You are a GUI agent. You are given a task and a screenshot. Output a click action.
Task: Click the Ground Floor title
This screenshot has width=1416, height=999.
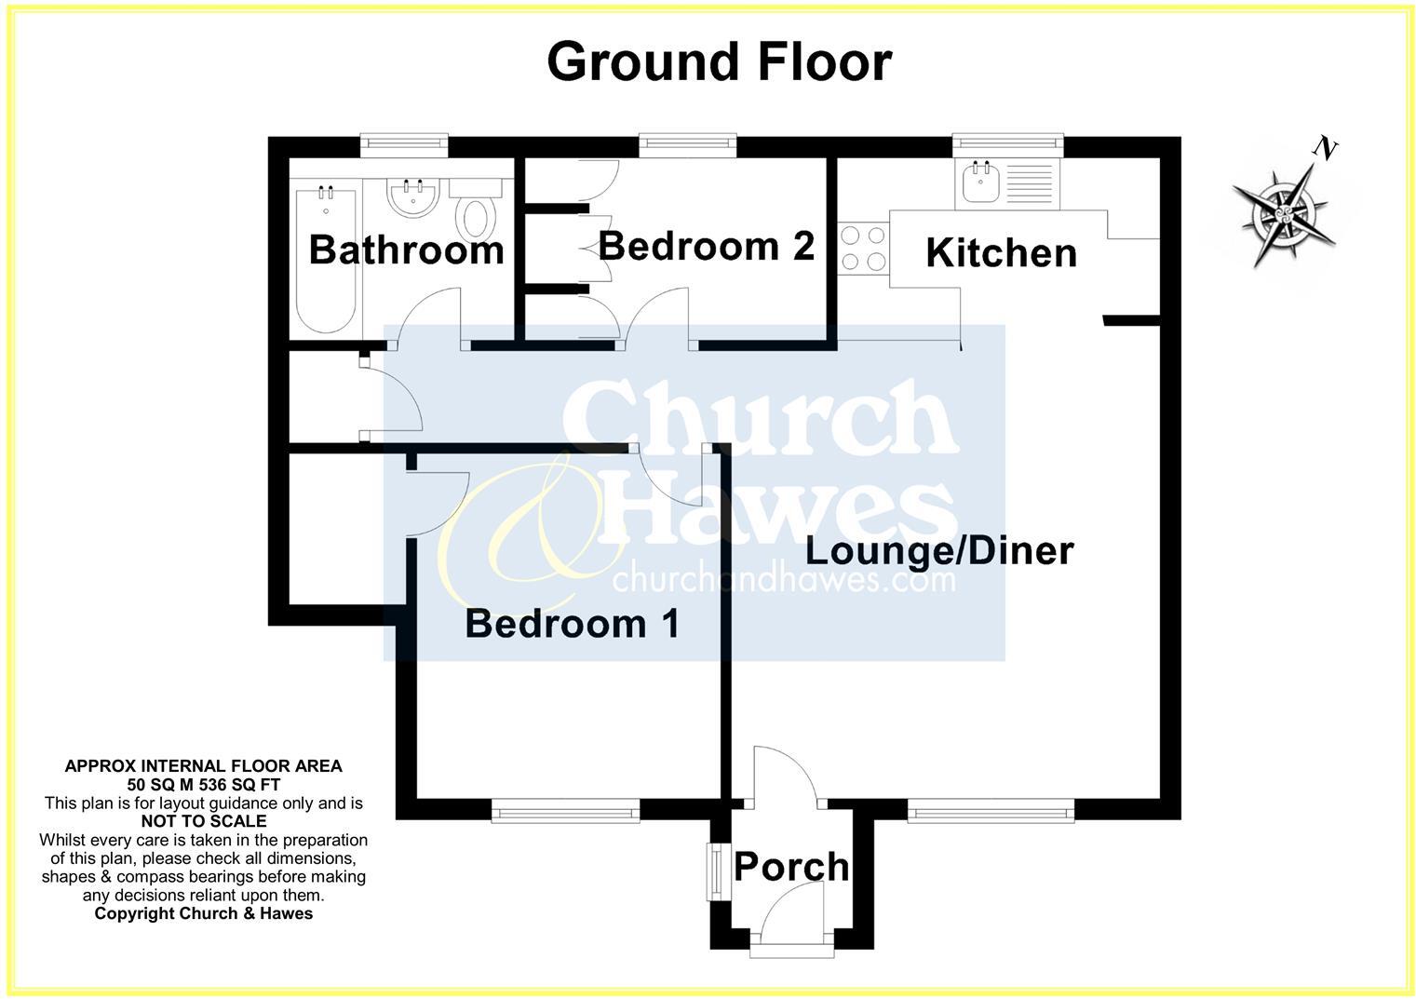click(x=719, y=61)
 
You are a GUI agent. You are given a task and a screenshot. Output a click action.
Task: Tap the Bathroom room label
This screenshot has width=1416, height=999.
click(x=406, y=250)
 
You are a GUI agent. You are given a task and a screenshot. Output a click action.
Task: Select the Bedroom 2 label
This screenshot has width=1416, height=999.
click(x=706, y=246)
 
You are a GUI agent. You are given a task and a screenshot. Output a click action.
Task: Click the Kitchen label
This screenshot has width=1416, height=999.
click(x=1001, y=253)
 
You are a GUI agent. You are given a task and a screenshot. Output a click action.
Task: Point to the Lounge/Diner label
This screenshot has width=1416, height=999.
click(x=938, y=550)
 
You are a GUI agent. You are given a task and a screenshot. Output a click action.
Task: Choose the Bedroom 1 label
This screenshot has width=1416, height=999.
click(x=572, y=623)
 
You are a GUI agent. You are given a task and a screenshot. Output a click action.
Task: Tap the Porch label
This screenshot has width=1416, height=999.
click(x=791, y=867)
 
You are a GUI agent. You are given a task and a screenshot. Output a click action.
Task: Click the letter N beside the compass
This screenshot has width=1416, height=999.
click(x=1325, y=147)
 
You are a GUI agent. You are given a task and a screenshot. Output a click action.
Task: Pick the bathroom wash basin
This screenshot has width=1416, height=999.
click(x=412, y=197)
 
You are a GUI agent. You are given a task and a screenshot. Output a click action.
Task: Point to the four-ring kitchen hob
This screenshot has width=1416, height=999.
click(x=863, y=249)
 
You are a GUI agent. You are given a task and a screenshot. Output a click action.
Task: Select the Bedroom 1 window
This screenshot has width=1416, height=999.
click(x=565, y=814)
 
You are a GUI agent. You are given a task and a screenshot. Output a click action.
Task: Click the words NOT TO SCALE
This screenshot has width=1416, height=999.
click(x=203, y=821)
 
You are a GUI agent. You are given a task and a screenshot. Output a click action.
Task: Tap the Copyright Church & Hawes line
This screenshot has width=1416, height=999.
click(x=203, y=913)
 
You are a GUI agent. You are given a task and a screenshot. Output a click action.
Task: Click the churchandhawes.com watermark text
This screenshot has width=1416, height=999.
click(x=783, y=579)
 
